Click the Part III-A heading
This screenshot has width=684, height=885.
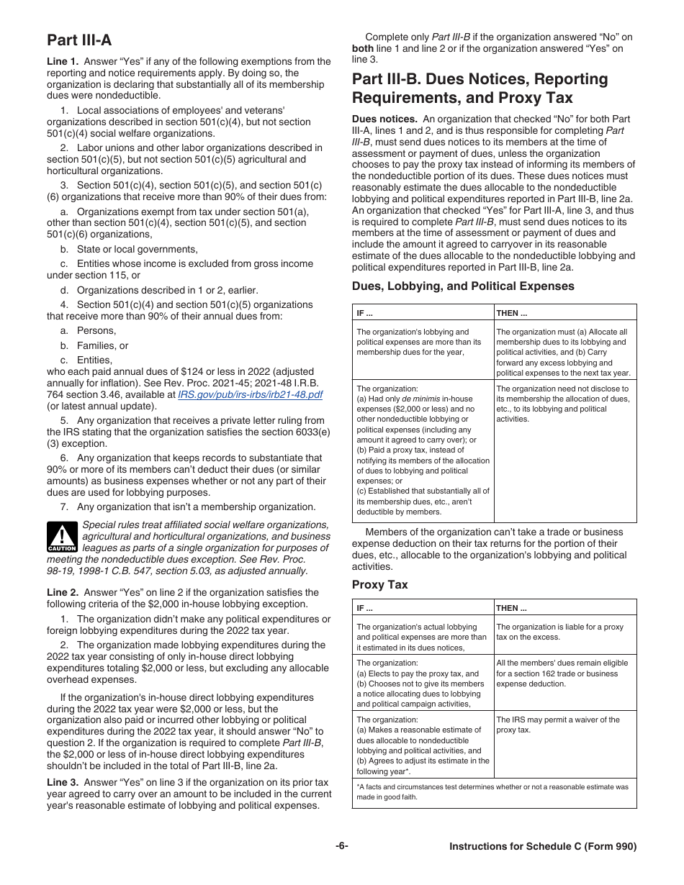79,40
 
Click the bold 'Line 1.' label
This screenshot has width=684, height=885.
63,62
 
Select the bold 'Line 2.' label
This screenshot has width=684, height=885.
63,593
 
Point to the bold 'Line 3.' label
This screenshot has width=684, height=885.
63,783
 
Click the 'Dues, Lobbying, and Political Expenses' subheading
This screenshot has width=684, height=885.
463,286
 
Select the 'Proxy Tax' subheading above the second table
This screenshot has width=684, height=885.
379,585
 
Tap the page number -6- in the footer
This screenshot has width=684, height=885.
341,847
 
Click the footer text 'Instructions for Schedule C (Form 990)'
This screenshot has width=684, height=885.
543,847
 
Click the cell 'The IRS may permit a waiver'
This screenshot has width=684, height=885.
557,725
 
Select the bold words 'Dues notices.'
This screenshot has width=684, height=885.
384,119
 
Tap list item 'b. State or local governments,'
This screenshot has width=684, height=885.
128,249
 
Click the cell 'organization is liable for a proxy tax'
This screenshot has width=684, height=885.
559,632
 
